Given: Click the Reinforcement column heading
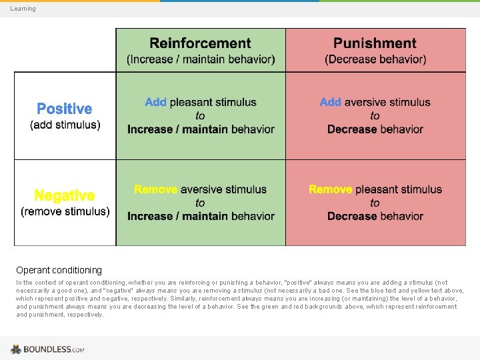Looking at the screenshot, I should click(200, 44).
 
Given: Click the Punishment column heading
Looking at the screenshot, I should click(375, 44).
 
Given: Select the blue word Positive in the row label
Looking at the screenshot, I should click(65, 109).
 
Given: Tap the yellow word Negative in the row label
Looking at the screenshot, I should click(65, 195).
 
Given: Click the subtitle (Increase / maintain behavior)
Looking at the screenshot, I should click(200, 59).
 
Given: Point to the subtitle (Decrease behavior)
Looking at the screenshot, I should click(375, 59).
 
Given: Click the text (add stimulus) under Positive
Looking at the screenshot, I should click(65, 125).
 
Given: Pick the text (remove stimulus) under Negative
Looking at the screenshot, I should click(65, 211).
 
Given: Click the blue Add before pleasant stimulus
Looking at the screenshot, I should click(156, 102).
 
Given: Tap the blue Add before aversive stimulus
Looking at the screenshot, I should click(331, 102).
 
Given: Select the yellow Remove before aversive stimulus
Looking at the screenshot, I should click(156, 189).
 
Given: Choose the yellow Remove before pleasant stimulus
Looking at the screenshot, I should click(331, 189).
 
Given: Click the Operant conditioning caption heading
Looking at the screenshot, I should click(59, 270).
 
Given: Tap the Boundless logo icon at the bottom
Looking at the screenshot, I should click(16, 349).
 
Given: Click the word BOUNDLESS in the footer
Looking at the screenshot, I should click(47, 349).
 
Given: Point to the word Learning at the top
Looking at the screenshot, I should click(23, 9).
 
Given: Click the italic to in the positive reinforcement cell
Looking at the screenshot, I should click(201, 116).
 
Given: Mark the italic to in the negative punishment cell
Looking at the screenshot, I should click(375, 203).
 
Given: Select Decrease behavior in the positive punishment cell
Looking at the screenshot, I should click(375, 129).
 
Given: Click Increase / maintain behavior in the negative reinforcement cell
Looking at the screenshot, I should click(201, 216).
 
